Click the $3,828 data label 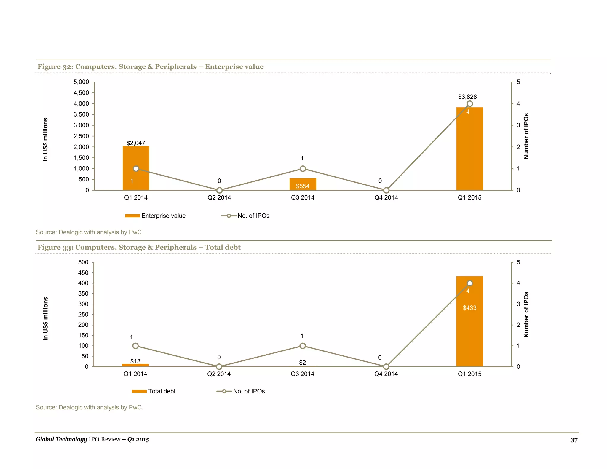[467, 97]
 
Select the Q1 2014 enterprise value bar [136, 178]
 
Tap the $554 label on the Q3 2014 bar [303, 186]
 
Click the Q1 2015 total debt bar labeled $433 [469, 326]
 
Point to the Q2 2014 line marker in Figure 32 [219, 190]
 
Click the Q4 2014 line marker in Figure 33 [386, 367]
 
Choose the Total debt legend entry [154, 391]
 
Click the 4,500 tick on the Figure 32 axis [81, 93]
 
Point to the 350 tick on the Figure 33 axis [83, 293]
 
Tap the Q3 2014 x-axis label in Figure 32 [303, 197]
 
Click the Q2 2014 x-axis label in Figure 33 [219, 374]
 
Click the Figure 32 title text [151, 67]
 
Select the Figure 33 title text [139, 247]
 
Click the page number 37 [574, 440]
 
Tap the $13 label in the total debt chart [135, 361]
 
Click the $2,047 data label [136, 143]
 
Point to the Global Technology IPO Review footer [92, 439]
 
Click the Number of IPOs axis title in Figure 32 [526, 136]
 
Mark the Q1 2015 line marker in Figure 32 [469, 104]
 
